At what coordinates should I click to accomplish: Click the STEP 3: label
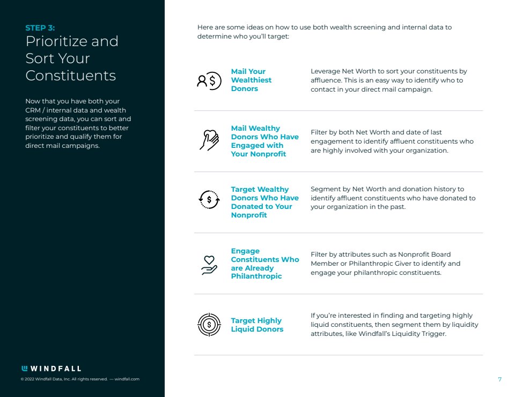[40, 28]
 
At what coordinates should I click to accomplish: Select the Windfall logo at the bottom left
[51, 369]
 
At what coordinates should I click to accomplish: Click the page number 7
[499, 379]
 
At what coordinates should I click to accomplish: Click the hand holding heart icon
[209, 139]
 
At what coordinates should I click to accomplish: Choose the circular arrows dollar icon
[209, 200]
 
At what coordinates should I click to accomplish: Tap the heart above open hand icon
[209, 265]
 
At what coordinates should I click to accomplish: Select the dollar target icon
[209, 324]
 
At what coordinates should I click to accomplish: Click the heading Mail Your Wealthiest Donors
[251, 80]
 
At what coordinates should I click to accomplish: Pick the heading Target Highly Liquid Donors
[257, 325]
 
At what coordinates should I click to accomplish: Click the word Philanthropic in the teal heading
[256, 276]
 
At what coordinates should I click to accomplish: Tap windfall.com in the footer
[127, 379]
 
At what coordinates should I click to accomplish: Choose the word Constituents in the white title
[71, 76]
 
